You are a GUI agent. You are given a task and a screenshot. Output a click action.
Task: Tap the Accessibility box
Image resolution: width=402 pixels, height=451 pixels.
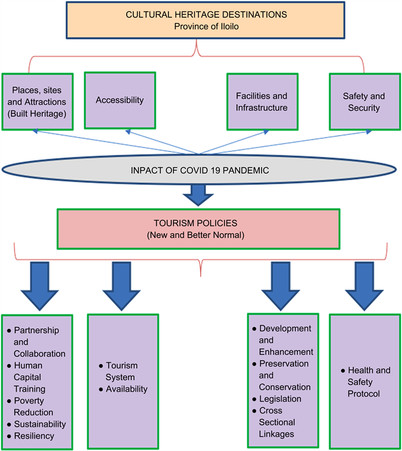(120, 100)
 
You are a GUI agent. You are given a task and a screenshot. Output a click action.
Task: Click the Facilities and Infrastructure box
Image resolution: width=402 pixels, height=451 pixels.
(262, 102)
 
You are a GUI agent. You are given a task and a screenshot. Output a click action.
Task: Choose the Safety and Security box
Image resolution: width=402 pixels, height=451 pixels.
(364, 102)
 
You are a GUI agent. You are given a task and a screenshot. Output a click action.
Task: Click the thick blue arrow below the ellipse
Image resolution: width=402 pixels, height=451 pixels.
(199, 193)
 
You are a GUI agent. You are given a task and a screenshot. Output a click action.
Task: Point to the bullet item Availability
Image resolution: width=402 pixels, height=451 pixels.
(126, 389)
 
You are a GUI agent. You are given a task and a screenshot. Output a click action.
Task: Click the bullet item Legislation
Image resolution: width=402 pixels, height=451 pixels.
(280, 399)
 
